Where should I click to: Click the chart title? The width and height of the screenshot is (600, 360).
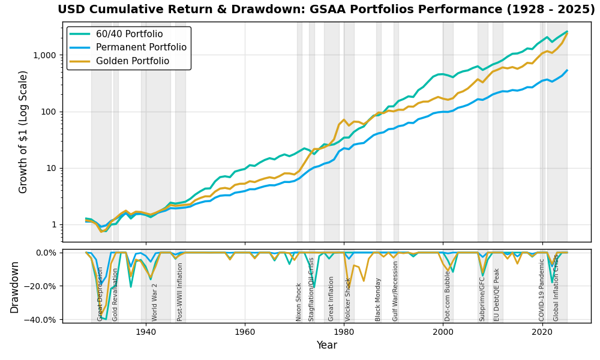pos(326,10)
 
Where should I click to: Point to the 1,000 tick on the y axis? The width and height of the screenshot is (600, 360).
pos(44,55)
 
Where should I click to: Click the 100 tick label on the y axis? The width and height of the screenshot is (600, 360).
pos(48,112)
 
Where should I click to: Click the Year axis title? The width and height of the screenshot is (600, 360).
pos(326,346)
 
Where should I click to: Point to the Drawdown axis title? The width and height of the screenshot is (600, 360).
pos(15,287)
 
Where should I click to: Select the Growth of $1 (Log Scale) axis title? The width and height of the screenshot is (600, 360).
pos(23,132)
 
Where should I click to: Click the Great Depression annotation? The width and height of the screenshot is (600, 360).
pos(101,294)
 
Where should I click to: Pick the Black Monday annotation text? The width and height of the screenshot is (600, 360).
pos(379,299)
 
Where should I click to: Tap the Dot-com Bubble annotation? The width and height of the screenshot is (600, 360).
pos(448,296)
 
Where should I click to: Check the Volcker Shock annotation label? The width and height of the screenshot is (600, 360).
pos(348,299)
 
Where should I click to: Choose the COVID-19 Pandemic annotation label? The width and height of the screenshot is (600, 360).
pos(542,290)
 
